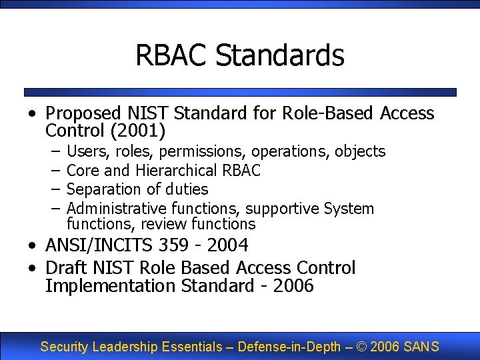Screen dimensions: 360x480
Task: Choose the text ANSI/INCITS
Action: pos(99,246)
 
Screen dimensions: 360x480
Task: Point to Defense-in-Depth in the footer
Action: pos(289,347)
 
